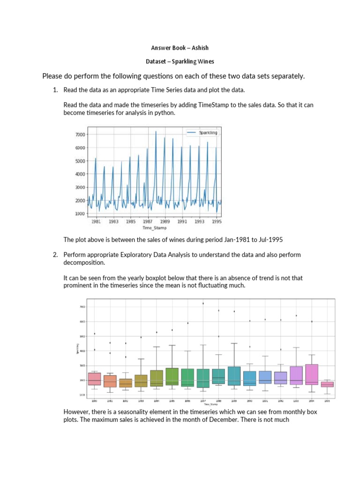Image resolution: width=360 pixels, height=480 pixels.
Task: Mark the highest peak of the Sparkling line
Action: pyautogui.click(x=156, y=132)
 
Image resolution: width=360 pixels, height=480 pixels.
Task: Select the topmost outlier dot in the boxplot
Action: pyautogui.click(x=202, y=303)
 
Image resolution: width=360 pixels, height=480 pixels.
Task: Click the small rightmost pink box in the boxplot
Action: pyautogui.click(x=327, y=384)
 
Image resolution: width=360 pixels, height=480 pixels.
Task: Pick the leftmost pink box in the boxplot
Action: pyautogui.click(x=94, y=379)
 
